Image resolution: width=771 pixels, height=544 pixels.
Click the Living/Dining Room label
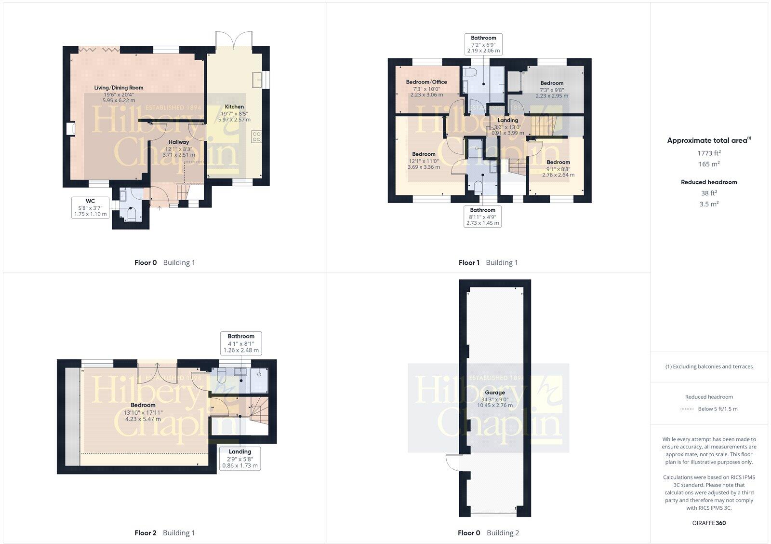click(119, 94)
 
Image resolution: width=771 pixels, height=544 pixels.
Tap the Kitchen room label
click(234, 113)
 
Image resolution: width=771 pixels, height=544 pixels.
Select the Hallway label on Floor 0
click(178, 149)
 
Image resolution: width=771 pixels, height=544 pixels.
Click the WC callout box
click(90, 207)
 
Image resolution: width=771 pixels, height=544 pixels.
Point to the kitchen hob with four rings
click(256, 136)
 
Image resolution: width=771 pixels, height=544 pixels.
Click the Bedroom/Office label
click(426, 88)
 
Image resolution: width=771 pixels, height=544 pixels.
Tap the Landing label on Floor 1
click(507, 126)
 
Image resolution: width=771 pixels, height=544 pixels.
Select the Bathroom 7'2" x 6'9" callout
click(483, 44)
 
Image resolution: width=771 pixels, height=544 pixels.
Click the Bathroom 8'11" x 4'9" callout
click(482, 217)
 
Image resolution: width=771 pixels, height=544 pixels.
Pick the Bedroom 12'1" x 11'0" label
click(424, 161)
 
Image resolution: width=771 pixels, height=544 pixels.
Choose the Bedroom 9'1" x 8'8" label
click(558, 168)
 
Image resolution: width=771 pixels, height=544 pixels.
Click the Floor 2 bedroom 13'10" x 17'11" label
click(143, 412)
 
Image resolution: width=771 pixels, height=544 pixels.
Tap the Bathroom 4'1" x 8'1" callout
click(241, 343)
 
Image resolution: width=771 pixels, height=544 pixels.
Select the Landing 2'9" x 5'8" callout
click(240, 459)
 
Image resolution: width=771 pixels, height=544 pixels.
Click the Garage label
click(495, 399)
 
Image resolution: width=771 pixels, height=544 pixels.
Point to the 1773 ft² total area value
click(709, 153)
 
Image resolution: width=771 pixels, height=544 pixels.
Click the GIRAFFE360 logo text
click(709, 523)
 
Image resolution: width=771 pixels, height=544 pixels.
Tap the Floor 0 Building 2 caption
click(488, 533)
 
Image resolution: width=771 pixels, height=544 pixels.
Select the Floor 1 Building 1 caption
click(488, 263)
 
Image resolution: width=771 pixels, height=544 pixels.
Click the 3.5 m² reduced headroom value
click(709, 204)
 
